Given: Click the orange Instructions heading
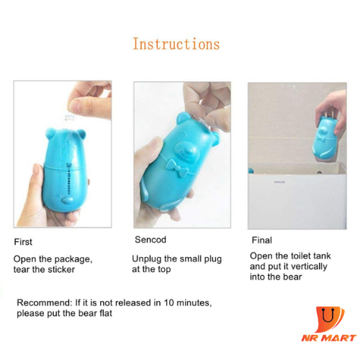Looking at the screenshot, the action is (176, 44).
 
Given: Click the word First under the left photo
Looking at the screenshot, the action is (23, 242).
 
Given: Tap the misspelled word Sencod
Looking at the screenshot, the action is (150, 240).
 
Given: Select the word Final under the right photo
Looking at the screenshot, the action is (262, 240).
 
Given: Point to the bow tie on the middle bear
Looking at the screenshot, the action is (177, 168).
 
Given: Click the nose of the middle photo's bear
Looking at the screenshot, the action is (189, 150).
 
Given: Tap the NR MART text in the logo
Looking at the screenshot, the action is (329, 338).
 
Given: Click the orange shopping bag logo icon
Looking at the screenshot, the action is (330, 319).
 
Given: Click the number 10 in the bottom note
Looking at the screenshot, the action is (169, 302).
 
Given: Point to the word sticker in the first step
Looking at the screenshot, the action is (61, 269).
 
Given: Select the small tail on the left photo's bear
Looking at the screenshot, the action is (67, 199).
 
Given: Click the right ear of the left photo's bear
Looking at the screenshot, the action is (81, 134).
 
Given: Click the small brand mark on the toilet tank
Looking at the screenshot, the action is (279, 182).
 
